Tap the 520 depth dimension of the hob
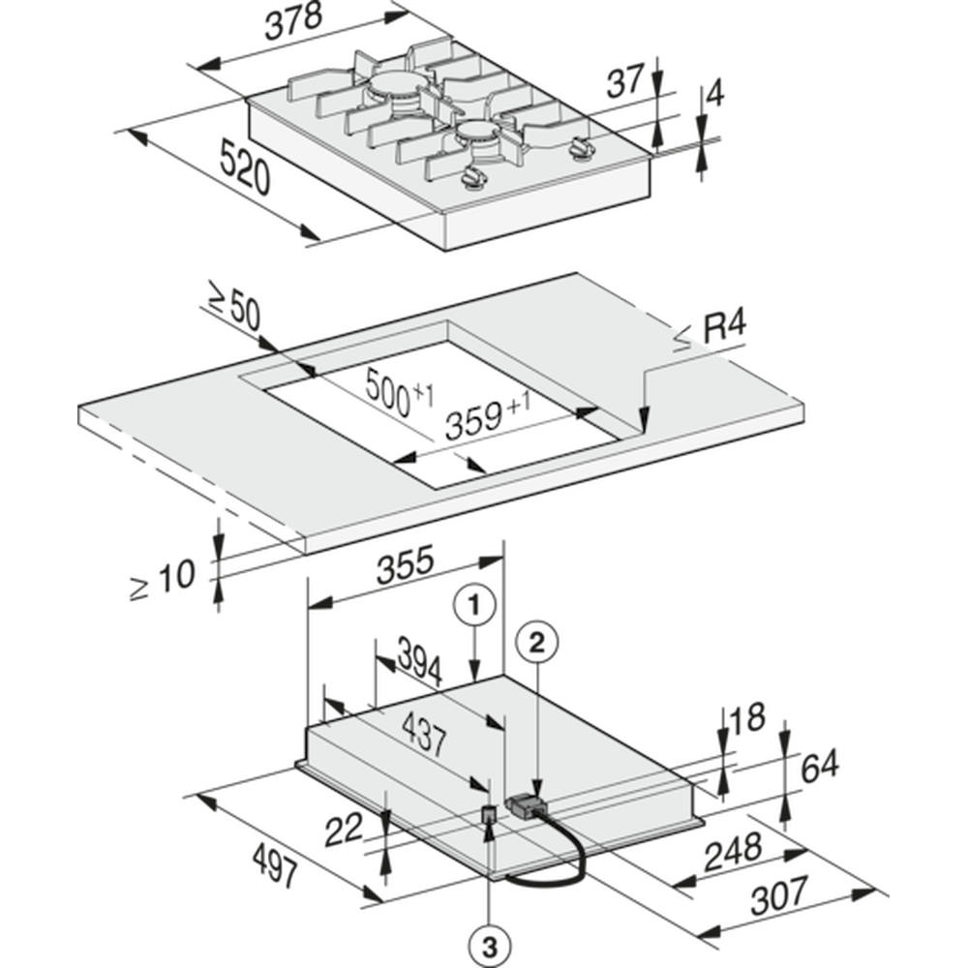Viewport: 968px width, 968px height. click(246, 167)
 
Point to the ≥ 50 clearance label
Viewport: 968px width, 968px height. click(235, 306)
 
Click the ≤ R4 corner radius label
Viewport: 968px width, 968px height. click(711, 331)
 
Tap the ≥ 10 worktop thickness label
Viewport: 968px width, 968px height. click(163, 579)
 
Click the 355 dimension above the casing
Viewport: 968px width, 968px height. click(406, 565)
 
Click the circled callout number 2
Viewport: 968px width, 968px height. click(537, 644)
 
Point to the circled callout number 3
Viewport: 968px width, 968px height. click(490, 948)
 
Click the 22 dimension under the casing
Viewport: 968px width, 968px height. click(344, 831)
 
